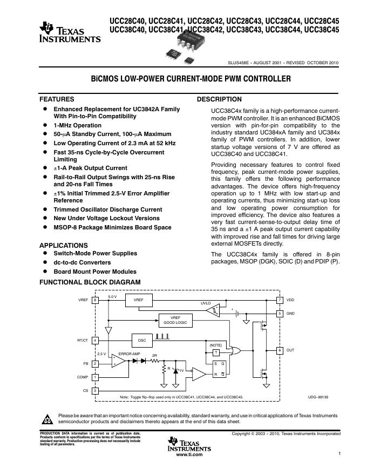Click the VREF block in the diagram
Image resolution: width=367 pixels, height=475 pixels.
139,300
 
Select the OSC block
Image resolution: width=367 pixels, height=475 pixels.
142,341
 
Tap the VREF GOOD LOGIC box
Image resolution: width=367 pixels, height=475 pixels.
175,320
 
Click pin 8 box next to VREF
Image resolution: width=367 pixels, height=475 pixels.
95,300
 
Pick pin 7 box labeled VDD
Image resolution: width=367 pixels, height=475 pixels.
280,300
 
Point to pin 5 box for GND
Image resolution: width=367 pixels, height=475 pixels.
280,313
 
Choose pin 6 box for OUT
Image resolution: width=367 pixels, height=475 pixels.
280,350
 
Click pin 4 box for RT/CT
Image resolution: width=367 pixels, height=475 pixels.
95,341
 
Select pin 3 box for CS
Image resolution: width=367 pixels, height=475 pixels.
95,390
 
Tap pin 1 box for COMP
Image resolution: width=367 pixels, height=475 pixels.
95,377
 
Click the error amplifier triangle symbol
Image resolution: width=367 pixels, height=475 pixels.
117,362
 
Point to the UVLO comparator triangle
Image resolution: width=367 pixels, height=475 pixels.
215,310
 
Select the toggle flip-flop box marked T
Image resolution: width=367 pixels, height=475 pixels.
216,352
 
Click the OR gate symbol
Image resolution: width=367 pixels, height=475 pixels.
236,351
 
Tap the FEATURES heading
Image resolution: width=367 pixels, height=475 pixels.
57,99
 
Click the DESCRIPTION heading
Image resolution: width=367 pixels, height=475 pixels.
219,99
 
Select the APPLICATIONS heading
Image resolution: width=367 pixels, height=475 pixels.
63,245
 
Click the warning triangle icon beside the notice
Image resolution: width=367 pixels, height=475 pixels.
48,419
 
